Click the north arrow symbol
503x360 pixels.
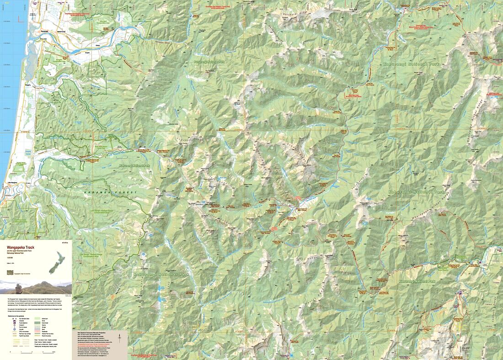pyautogui.click(x=120, y=339)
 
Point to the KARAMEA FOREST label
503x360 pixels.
pyautogui.click(x=110, y=193)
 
